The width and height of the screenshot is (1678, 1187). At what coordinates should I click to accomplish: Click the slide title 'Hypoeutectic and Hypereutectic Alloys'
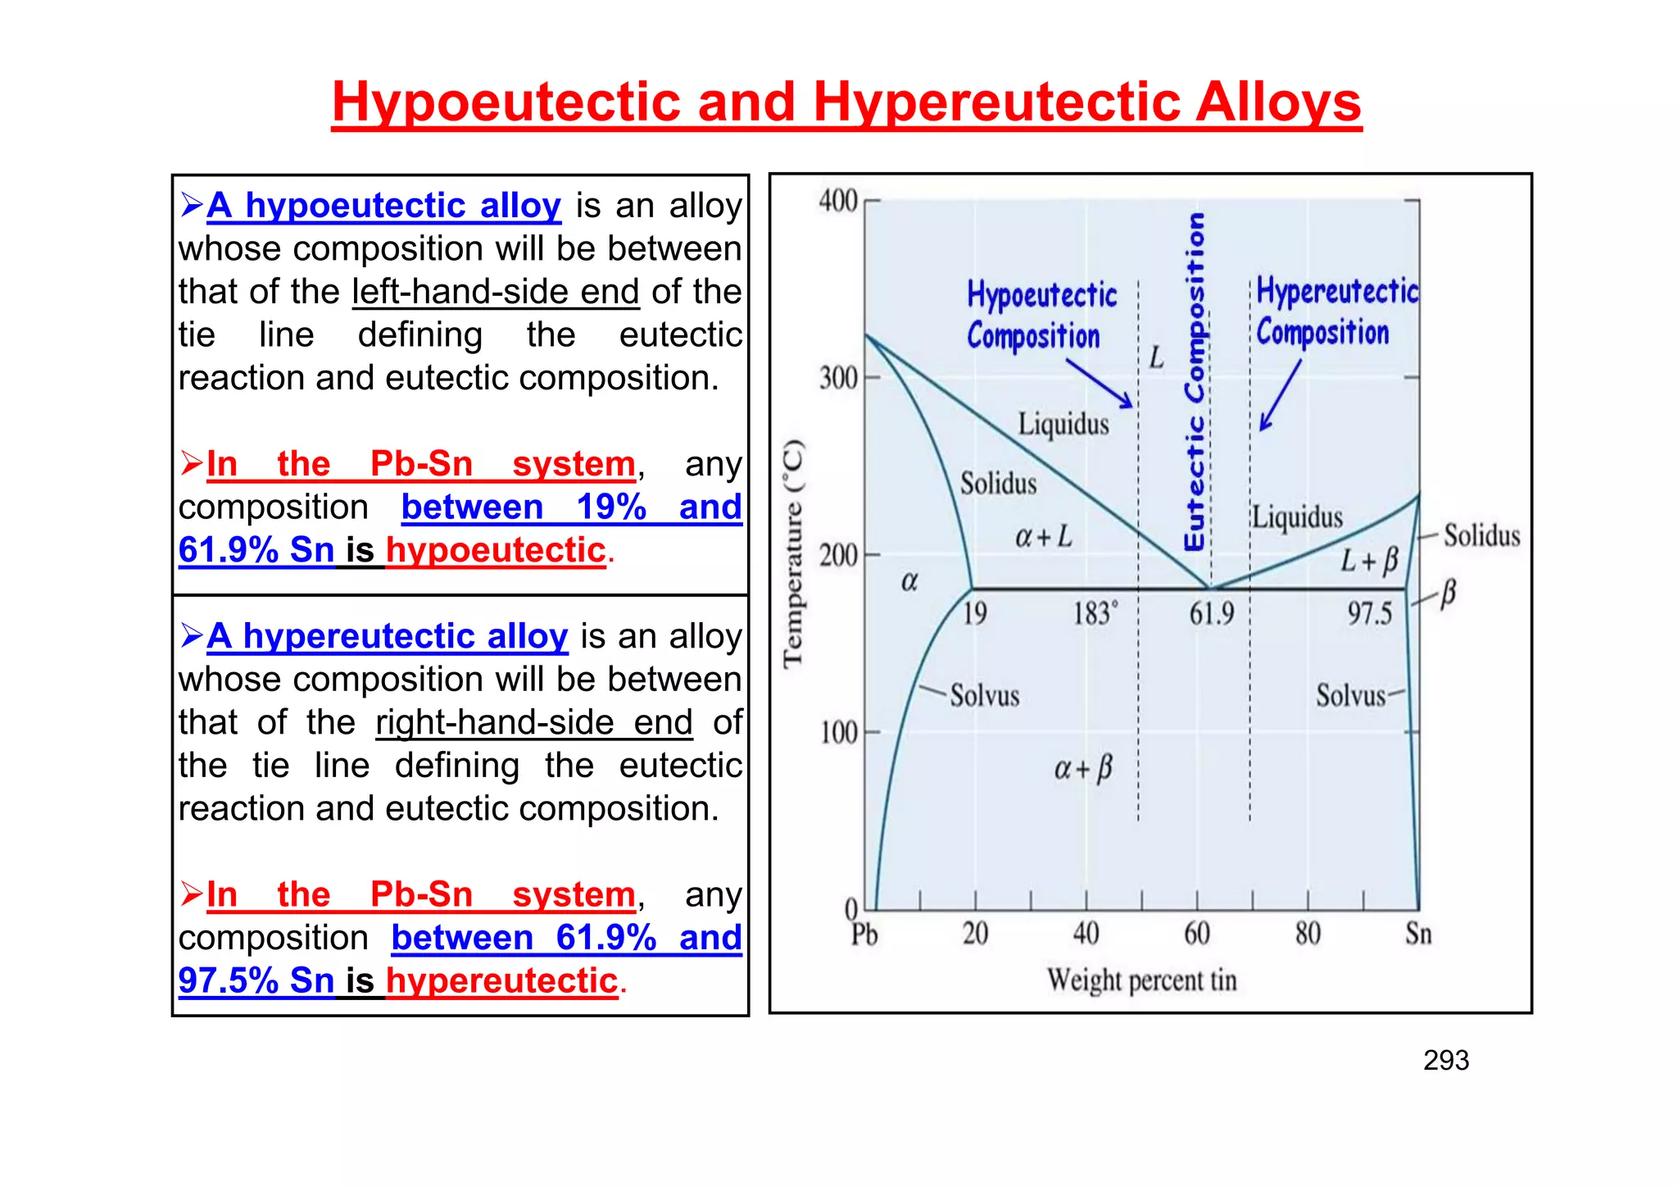[x=846, y=103]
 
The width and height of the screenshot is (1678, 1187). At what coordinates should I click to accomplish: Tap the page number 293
[x=1446, y=1061]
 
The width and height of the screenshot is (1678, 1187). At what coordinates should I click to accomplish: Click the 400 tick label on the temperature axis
[x=838, y=201]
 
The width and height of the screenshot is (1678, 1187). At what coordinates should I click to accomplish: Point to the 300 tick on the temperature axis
[x=838, y=379]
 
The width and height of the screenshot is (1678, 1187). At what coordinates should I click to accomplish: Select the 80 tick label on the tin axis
[x=1308, y=934]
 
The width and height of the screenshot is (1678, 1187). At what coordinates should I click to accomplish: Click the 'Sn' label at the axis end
[x=1418, y=934]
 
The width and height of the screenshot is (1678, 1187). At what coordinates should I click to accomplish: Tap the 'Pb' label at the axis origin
[x=864, y=935]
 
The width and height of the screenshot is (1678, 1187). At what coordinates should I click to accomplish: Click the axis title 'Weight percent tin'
[x=1141, y=980]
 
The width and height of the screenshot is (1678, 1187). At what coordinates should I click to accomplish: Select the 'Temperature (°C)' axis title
[x=793, y=555]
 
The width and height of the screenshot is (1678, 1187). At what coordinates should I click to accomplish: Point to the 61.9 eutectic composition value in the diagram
[x=1212, y=613]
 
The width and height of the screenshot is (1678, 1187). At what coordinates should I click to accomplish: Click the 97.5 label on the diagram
[x=1370, y=613]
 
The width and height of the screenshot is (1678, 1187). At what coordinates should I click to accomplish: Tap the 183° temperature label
[x=1095, y=613]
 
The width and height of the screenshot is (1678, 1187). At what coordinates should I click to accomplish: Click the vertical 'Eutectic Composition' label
[x=1195, y=381]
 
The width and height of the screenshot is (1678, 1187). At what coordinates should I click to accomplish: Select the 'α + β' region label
[x=1083, y=769]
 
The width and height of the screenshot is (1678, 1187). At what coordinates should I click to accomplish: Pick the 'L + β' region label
[x=1369, y=561]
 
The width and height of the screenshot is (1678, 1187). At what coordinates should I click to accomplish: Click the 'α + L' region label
[x=1043, y=537]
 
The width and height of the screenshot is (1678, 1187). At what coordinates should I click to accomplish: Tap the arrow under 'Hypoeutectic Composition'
[x=1100, y=384]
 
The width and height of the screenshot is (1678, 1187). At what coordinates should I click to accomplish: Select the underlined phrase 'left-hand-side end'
[x=496, y=292]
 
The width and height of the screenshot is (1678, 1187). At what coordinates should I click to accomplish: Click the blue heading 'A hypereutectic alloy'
[x=387, y=636]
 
